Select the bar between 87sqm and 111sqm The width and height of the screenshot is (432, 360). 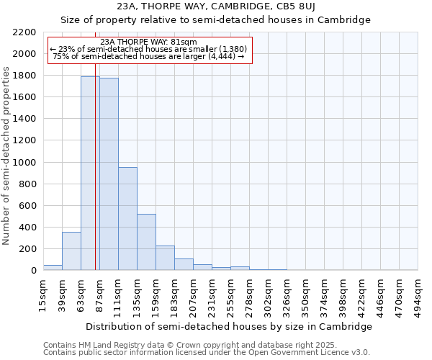point(109,174)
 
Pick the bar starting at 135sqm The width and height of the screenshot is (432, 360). point(146,242)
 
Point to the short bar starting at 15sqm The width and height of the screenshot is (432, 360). point(53,267)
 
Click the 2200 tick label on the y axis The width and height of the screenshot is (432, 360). point(24,32)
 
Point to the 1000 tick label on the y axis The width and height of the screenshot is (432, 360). point(24,163)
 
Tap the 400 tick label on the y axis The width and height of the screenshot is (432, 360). point(27,228)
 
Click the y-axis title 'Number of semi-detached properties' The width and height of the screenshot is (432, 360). point(7,156)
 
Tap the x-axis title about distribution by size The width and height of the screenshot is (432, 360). point(230,326)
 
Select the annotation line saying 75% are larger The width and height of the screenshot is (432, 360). point(149,56)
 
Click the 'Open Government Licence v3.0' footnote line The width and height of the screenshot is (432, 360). point(207,352)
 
